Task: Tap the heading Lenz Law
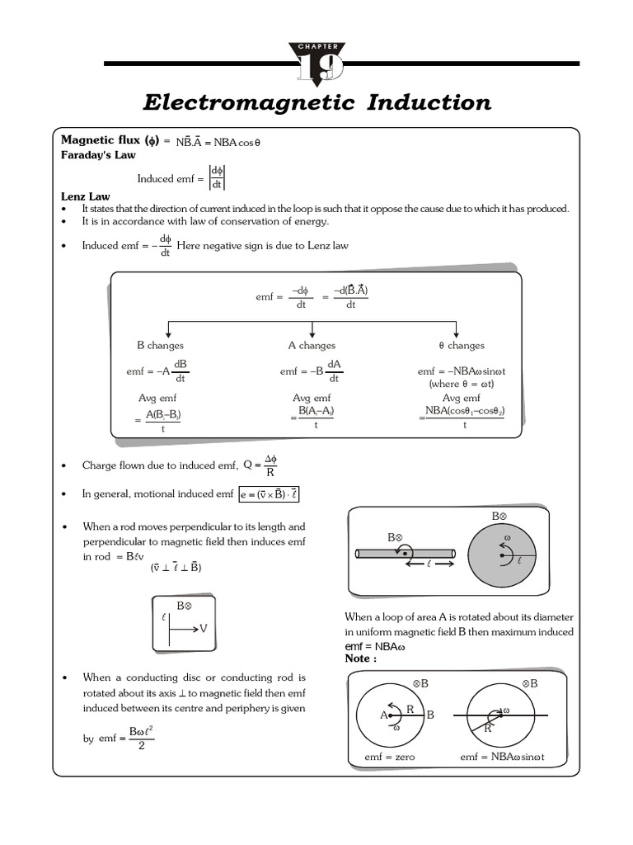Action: point(86,197)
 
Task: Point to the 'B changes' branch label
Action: point(160,346)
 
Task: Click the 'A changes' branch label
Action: point(312,346)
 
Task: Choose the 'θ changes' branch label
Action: point(462,346)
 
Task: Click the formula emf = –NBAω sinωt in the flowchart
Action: point(462,371)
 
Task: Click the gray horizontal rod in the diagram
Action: point(404,552)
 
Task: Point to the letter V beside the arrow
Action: point(204,629)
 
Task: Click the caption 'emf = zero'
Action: point(390,757)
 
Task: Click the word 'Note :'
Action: point(362,659)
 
